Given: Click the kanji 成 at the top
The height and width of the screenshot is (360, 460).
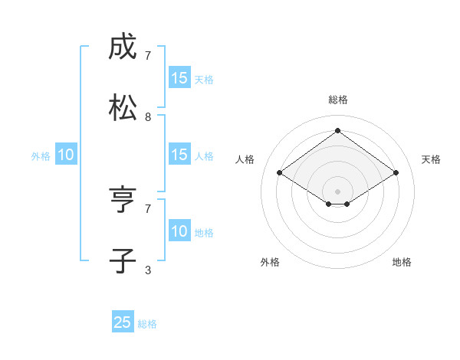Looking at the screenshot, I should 123,48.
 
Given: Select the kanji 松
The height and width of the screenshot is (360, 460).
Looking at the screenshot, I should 123,108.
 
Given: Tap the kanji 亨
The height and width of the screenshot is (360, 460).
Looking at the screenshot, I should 123,200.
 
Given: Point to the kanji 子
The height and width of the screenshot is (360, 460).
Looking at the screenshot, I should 123,260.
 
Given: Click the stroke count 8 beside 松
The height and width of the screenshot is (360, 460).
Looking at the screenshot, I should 148,117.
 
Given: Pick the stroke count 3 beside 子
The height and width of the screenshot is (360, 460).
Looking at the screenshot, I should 148,270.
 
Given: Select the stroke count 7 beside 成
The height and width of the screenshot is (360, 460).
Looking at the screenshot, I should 148,56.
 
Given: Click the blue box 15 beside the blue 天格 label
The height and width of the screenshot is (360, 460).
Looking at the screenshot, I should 179,78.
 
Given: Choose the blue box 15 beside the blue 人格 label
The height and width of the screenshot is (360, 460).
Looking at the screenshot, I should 179,155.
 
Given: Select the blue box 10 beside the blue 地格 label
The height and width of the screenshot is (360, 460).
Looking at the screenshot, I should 179,231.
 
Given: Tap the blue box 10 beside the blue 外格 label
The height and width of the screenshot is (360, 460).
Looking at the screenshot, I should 66,155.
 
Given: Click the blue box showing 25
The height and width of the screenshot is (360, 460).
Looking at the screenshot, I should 123,322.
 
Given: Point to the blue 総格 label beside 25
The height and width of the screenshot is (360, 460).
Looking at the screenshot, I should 147,324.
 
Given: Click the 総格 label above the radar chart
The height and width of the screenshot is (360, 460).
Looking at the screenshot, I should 338,100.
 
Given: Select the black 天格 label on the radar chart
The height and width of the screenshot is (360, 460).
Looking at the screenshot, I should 431,159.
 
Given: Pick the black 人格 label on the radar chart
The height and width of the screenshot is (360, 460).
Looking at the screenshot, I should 245,159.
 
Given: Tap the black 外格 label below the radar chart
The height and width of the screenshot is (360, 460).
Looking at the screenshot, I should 270,262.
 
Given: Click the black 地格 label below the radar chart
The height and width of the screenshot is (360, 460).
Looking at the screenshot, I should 402,262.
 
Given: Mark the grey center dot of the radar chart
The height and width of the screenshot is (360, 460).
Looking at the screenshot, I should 337,190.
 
